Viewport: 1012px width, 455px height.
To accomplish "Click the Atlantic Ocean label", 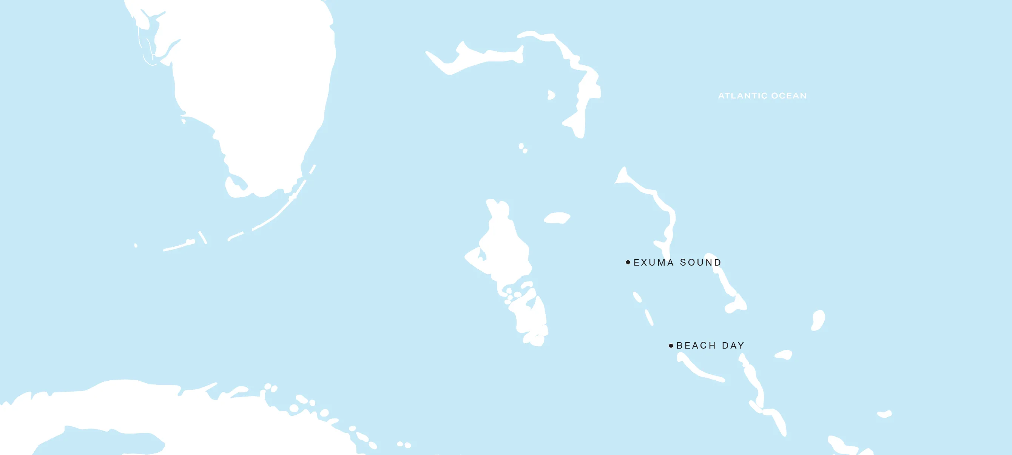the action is [x=762, y=96].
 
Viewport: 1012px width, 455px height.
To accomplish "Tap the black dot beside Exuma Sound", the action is [x=628, y=262].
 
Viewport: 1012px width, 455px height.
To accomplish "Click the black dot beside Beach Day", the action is [x=671, y=346].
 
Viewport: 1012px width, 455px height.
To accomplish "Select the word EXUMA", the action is [x=653, y=262].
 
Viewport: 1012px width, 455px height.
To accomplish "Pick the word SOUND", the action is [x=700, y=262].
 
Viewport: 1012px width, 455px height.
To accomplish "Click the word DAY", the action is [x=733, y=346].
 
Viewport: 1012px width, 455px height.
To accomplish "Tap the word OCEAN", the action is [x=789, y=96].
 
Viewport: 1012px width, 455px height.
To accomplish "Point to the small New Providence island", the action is [x=557, y=218].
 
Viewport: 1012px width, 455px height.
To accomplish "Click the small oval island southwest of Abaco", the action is [x=551, y=95].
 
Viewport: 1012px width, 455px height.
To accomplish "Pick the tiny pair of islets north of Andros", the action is [x=523, y=148].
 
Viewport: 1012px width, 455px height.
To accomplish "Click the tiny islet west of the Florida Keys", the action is [x=136, y=246].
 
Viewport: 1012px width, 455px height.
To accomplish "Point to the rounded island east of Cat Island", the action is [x=818, y=320].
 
